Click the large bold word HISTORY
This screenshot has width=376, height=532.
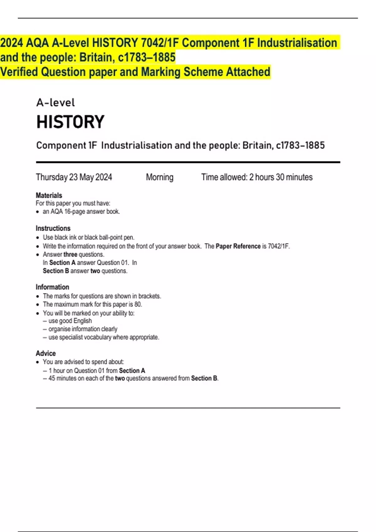[70, 122]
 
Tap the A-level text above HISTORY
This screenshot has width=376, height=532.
[55, 103]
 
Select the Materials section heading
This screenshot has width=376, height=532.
[49, 195]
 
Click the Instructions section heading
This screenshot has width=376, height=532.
[53, 228]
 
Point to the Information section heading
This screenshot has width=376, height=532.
[52, 287]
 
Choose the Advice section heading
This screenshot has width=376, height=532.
[46, 353]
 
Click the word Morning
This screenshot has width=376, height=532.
[159, 177]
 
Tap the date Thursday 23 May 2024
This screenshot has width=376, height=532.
[74, 177]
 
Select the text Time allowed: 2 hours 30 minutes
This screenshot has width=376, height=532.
[257, 177]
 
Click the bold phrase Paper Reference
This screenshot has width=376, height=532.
[238, 246]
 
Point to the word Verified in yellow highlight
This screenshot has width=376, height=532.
[19, 72]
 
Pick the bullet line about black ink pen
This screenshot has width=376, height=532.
[88, 238]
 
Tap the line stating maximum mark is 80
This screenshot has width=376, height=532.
[92, 304]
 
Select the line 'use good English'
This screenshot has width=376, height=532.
[70, 321]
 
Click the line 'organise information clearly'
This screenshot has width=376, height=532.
[83, 329]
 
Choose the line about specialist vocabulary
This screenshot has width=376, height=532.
[103, 337]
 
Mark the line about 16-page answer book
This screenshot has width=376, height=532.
[81, 212]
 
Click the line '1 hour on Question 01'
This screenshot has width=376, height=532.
[97, 371]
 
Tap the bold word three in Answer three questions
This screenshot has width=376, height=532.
[70, 254]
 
